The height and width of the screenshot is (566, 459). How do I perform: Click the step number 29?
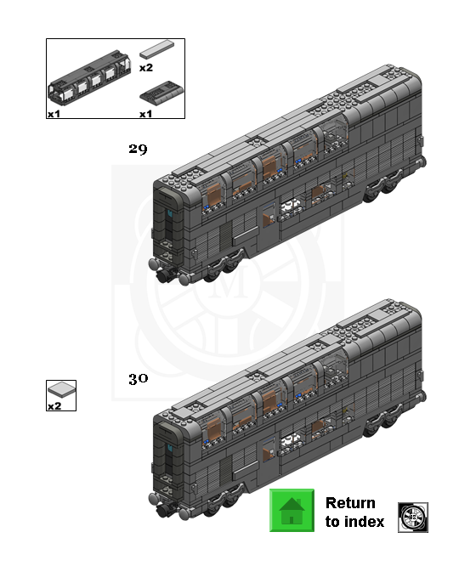[x=138, y=149]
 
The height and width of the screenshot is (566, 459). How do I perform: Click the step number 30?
[x=138, y=379]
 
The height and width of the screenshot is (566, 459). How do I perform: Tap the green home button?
[x=292, y=510]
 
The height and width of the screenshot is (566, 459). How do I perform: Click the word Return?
[x=350, y=503]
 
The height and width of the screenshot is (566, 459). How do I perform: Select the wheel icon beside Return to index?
[x=413, y=517]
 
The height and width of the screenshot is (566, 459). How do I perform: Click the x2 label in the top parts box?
[x=146, y=67]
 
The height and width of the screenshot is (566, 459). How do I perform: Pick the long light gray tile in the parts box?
[x=156, y=49]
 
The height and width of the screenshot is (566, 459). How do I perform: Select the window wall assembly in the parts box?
[x=89, y=76]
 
